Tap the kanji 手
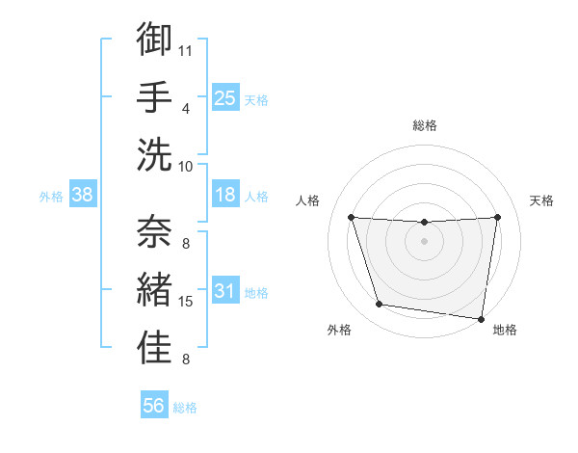tap(154, 95)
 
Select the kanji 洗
tap(154, 154)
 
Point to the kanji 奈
tap(154, 231)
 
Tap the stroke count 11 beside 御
tap(186, 49)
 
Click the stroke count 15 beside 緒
tap(186, 302)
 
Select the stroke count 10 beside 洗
tap(186, 166)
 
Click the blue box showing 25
tap(224, 97)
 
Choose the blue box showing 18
tap(224, 195)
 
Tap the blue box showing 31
tap(224, 291)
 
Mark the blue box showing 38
tap(82, 195)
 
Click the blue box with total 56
tap(153, 406)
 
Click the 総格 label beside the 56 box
tap(185, 408)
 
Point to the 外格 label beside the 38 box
tap(51, 197)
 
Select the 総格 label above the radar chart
tap(425, 125)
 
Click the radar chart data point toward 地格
tap(482, 318)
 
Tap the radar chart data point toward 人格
tap(352, 218)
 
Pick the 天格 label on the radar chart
tap(541, 200)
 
